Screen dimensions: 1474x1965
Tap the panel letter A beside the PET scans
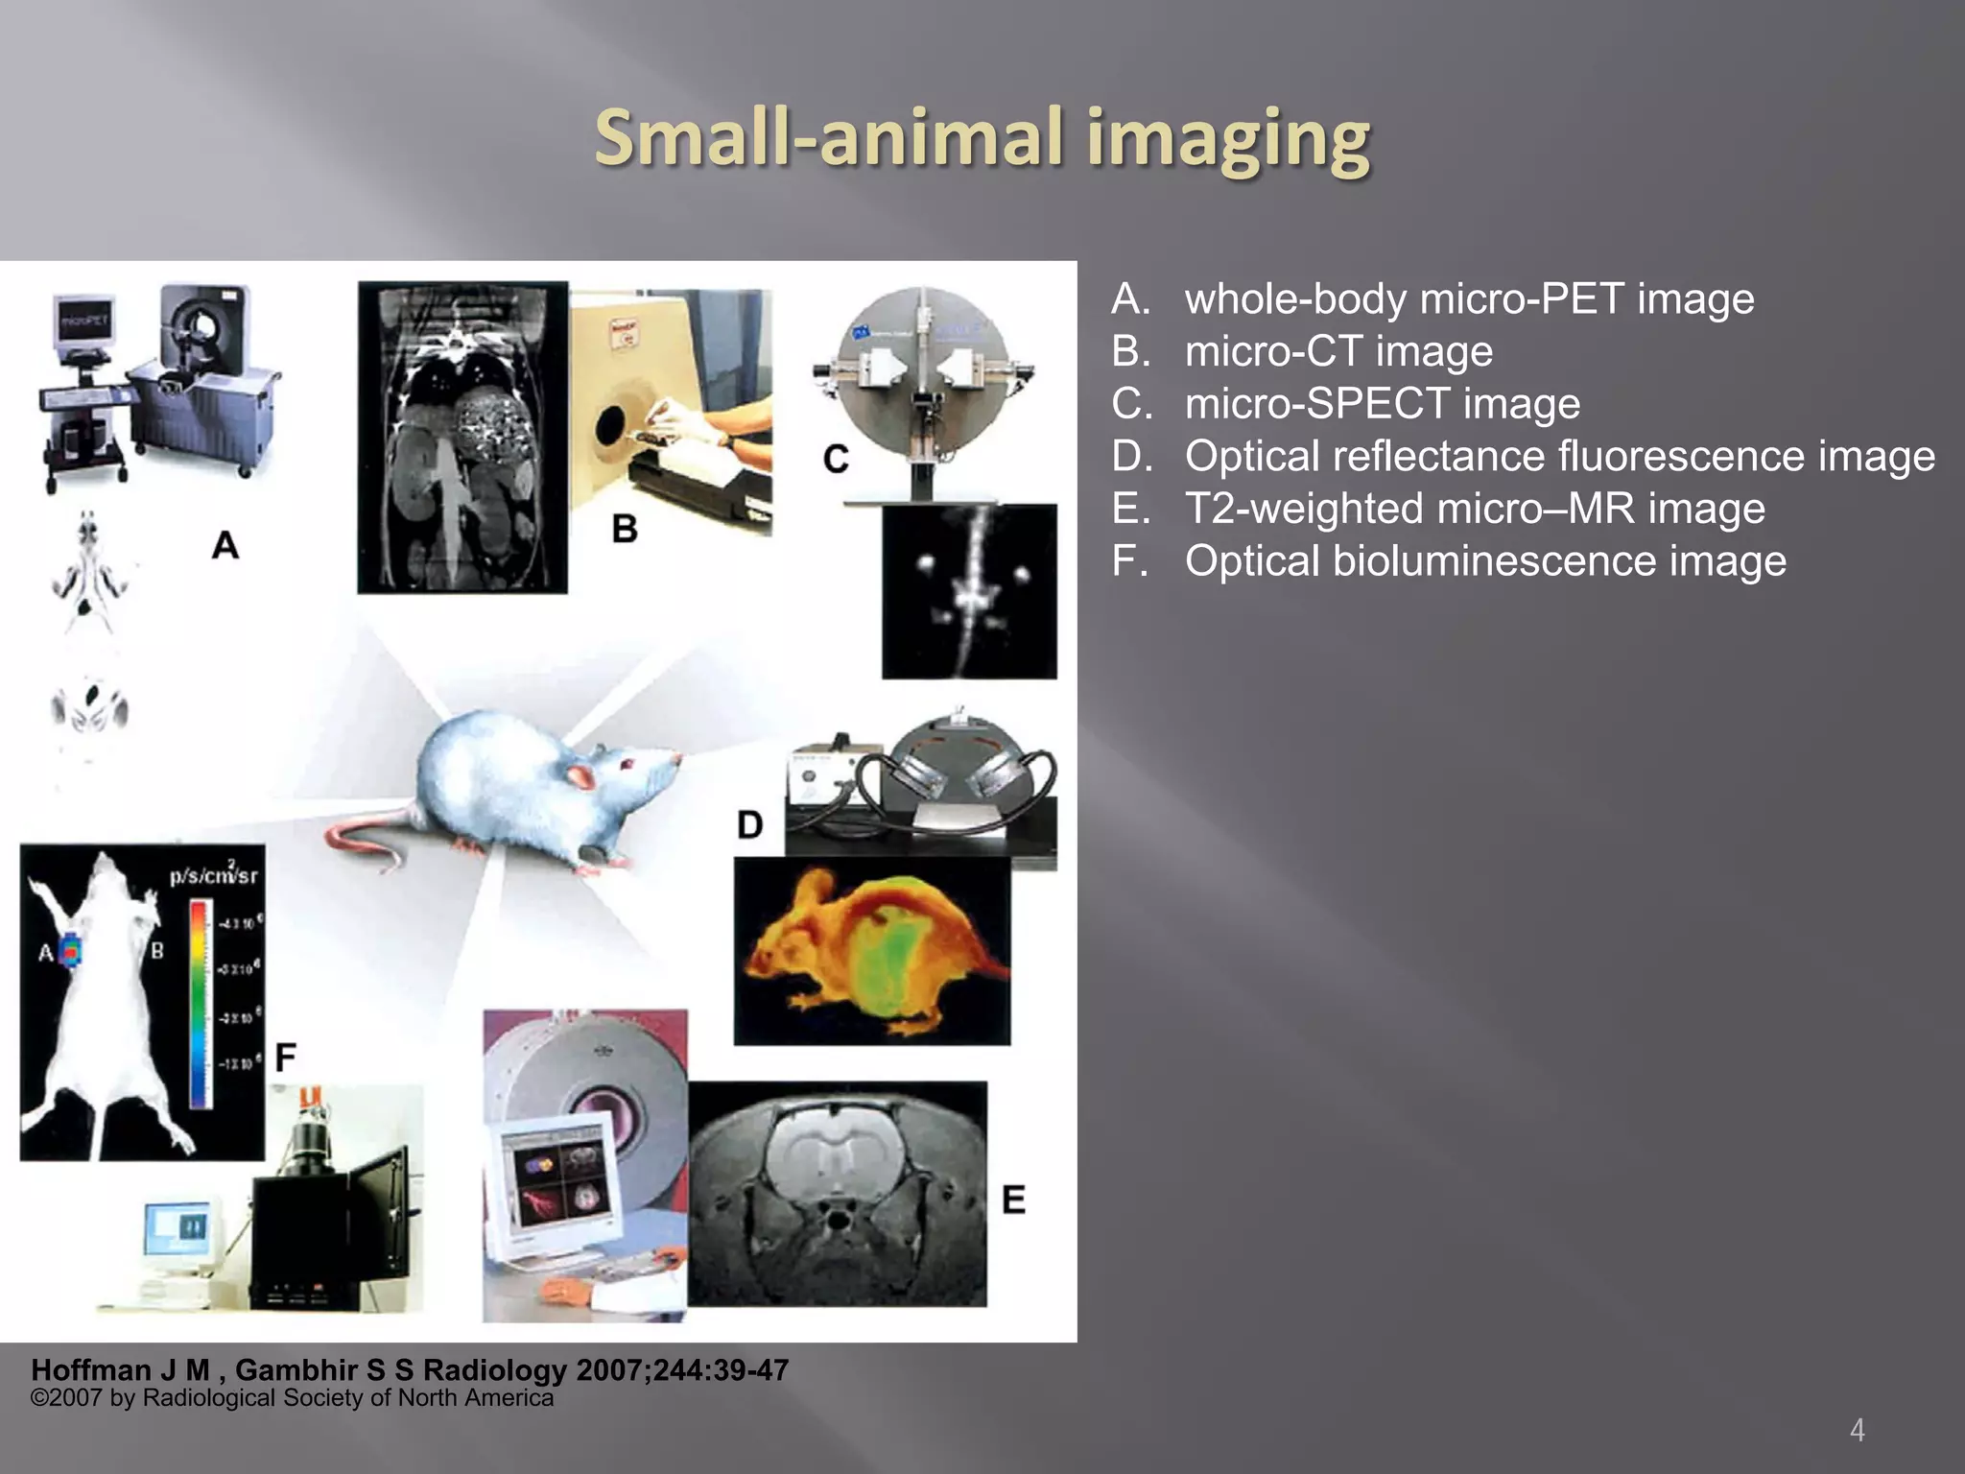click(225, 545)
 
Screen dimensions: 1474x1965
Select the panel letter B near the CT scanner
click(625, 529)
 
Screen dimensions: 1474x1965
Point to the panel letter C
click(836, 460)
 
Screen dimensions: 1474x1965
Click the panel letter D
click(749, 824)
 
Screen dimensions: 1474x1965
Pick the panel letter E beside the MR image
click(1013, 1200)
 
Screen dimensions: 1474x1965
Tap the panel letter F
click(285, 1058)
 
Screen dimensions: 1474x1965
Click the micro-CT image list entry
click(1338, 351)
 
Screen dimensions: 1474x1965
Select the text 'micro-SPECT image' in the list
click(1382, 403)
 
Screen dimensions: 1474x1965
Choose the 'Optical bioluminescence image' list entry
click(1485, 560)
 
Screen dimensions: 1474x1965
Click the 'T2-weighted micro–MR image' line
click(1475, 509)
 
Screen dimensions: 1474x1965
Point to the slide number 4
click(1857, 1431)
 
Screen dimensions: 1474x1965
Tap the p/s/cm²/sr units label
click(213, 874)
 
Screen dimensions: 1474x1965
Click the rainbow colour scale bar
click(199, 1003)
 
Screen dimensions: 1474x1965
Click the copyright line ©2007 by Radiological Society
click(292, 1398)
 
